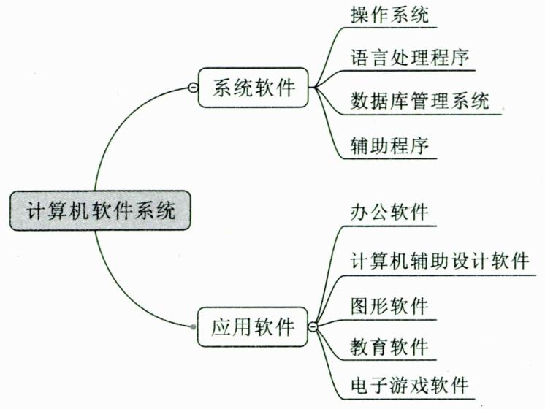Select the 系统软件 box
[254, 88]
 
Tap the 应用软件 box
[254, 326]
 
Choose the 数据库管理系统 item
[419, 100]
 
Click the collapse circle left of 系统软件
[192, 88]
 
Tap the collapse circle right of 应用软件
[314, 326]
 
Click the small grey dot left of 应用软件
[193, 326]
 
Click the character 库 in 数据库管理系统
[399, 100]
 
